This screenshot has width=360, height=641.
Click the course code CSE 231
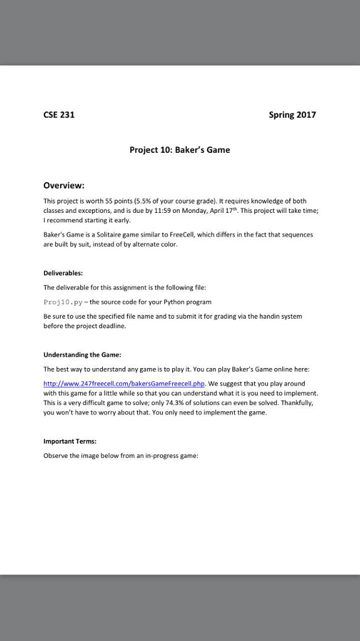pyautogui.click(x=59, y=115)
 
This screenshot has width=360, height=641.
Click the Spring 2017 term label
pyautogui.click(x=292, y=115)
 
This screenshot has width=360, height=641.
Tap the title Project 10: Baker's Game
pyautogui.click(x=180, y=150)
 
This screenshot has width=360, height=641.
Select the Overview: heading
pyautogui.click(x=64, y=185)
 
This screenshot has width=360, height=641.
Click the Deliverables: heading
pyautogui.click(x=63, y=274)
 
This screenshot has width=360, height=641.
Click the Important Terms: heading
pyautogui.click(x=69, y=441)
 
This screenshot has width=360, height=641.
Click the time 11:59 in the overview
pyautogui.click(x=162, y=211)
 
